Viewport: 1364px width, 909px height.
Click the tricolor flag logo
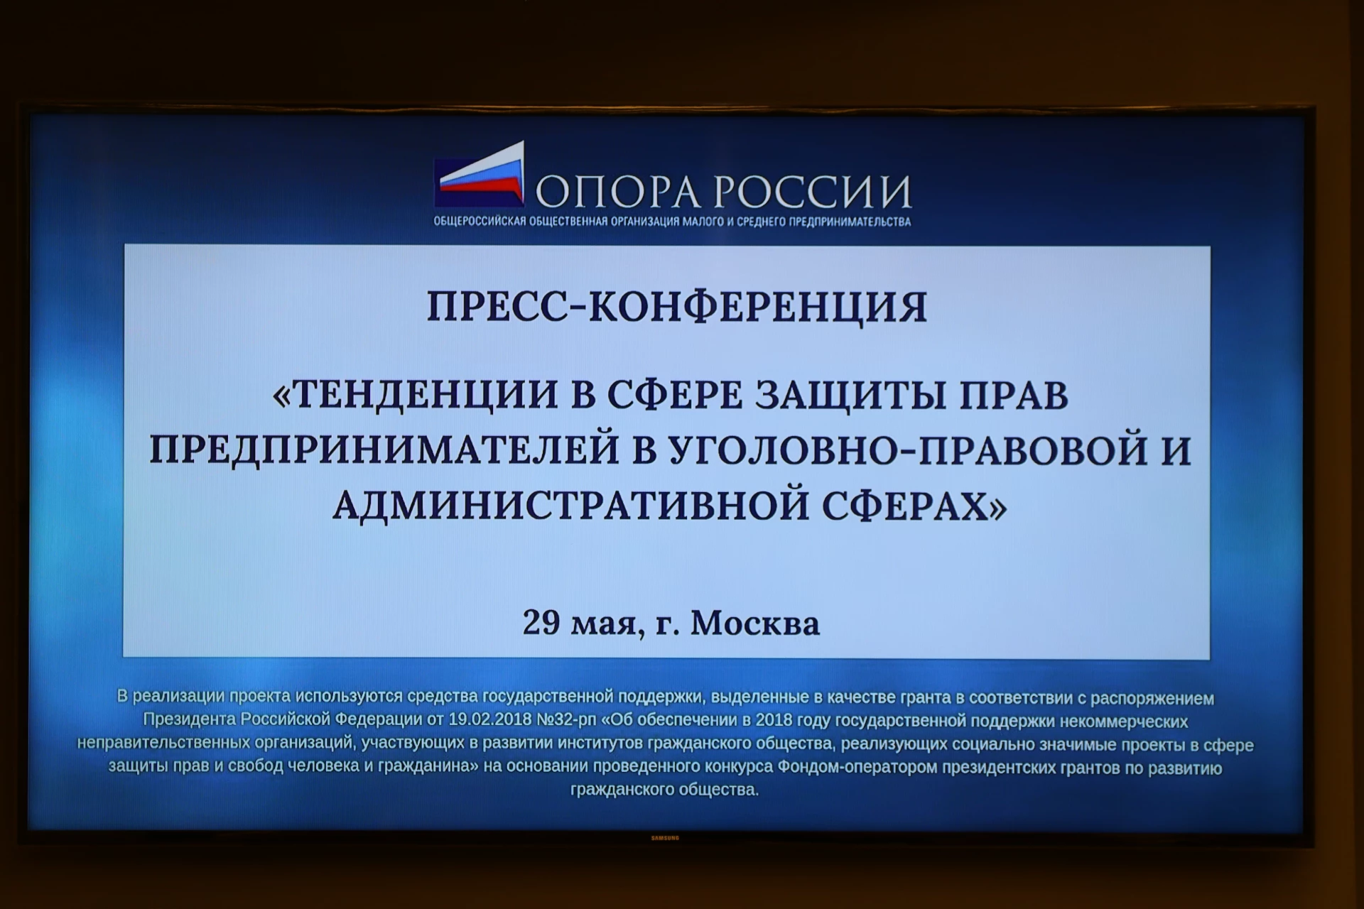point(480,173)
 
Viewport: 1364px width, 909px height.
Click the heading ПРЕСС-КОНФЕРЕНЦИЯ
point(676,307)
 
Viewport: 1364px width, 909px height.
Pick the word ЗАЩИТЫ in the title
point(850,395)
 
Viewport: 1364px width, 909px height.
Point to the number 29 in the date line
point(541,623)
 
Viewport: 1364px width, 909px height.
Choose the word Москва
point(755,623)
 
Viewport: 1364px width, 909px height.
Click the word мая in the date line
point(607,625)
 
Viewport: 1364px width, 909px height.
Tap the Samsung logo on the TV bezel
point(666,838)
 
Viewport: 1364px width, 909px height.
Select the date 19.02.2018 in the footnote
point(489,720)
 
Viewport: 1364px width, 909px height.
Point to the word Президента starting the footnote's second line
point(190,720)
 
